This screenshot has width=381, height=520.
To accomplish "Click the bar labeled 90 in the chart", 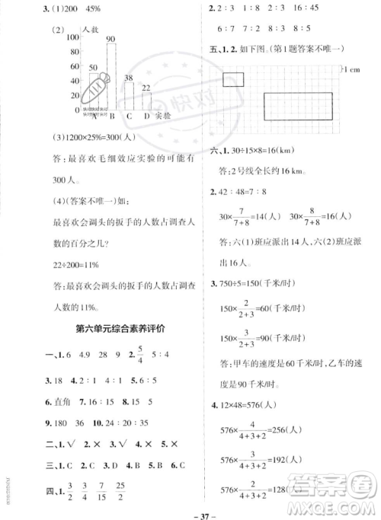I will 110,76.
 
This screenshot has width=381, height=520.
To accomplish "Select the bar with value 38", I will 129,96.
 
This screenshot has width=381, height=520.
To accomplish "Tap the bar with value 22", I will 146,102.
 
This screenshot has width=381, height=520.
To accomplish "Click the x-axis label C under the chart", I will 129,116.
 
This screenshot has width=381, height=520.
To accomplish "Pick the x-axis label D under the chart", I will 146,116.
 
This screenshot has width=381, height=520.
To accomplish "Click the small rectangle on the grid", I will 234,78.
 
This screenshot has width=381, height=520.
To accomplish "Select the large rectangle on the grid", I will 298,105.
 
